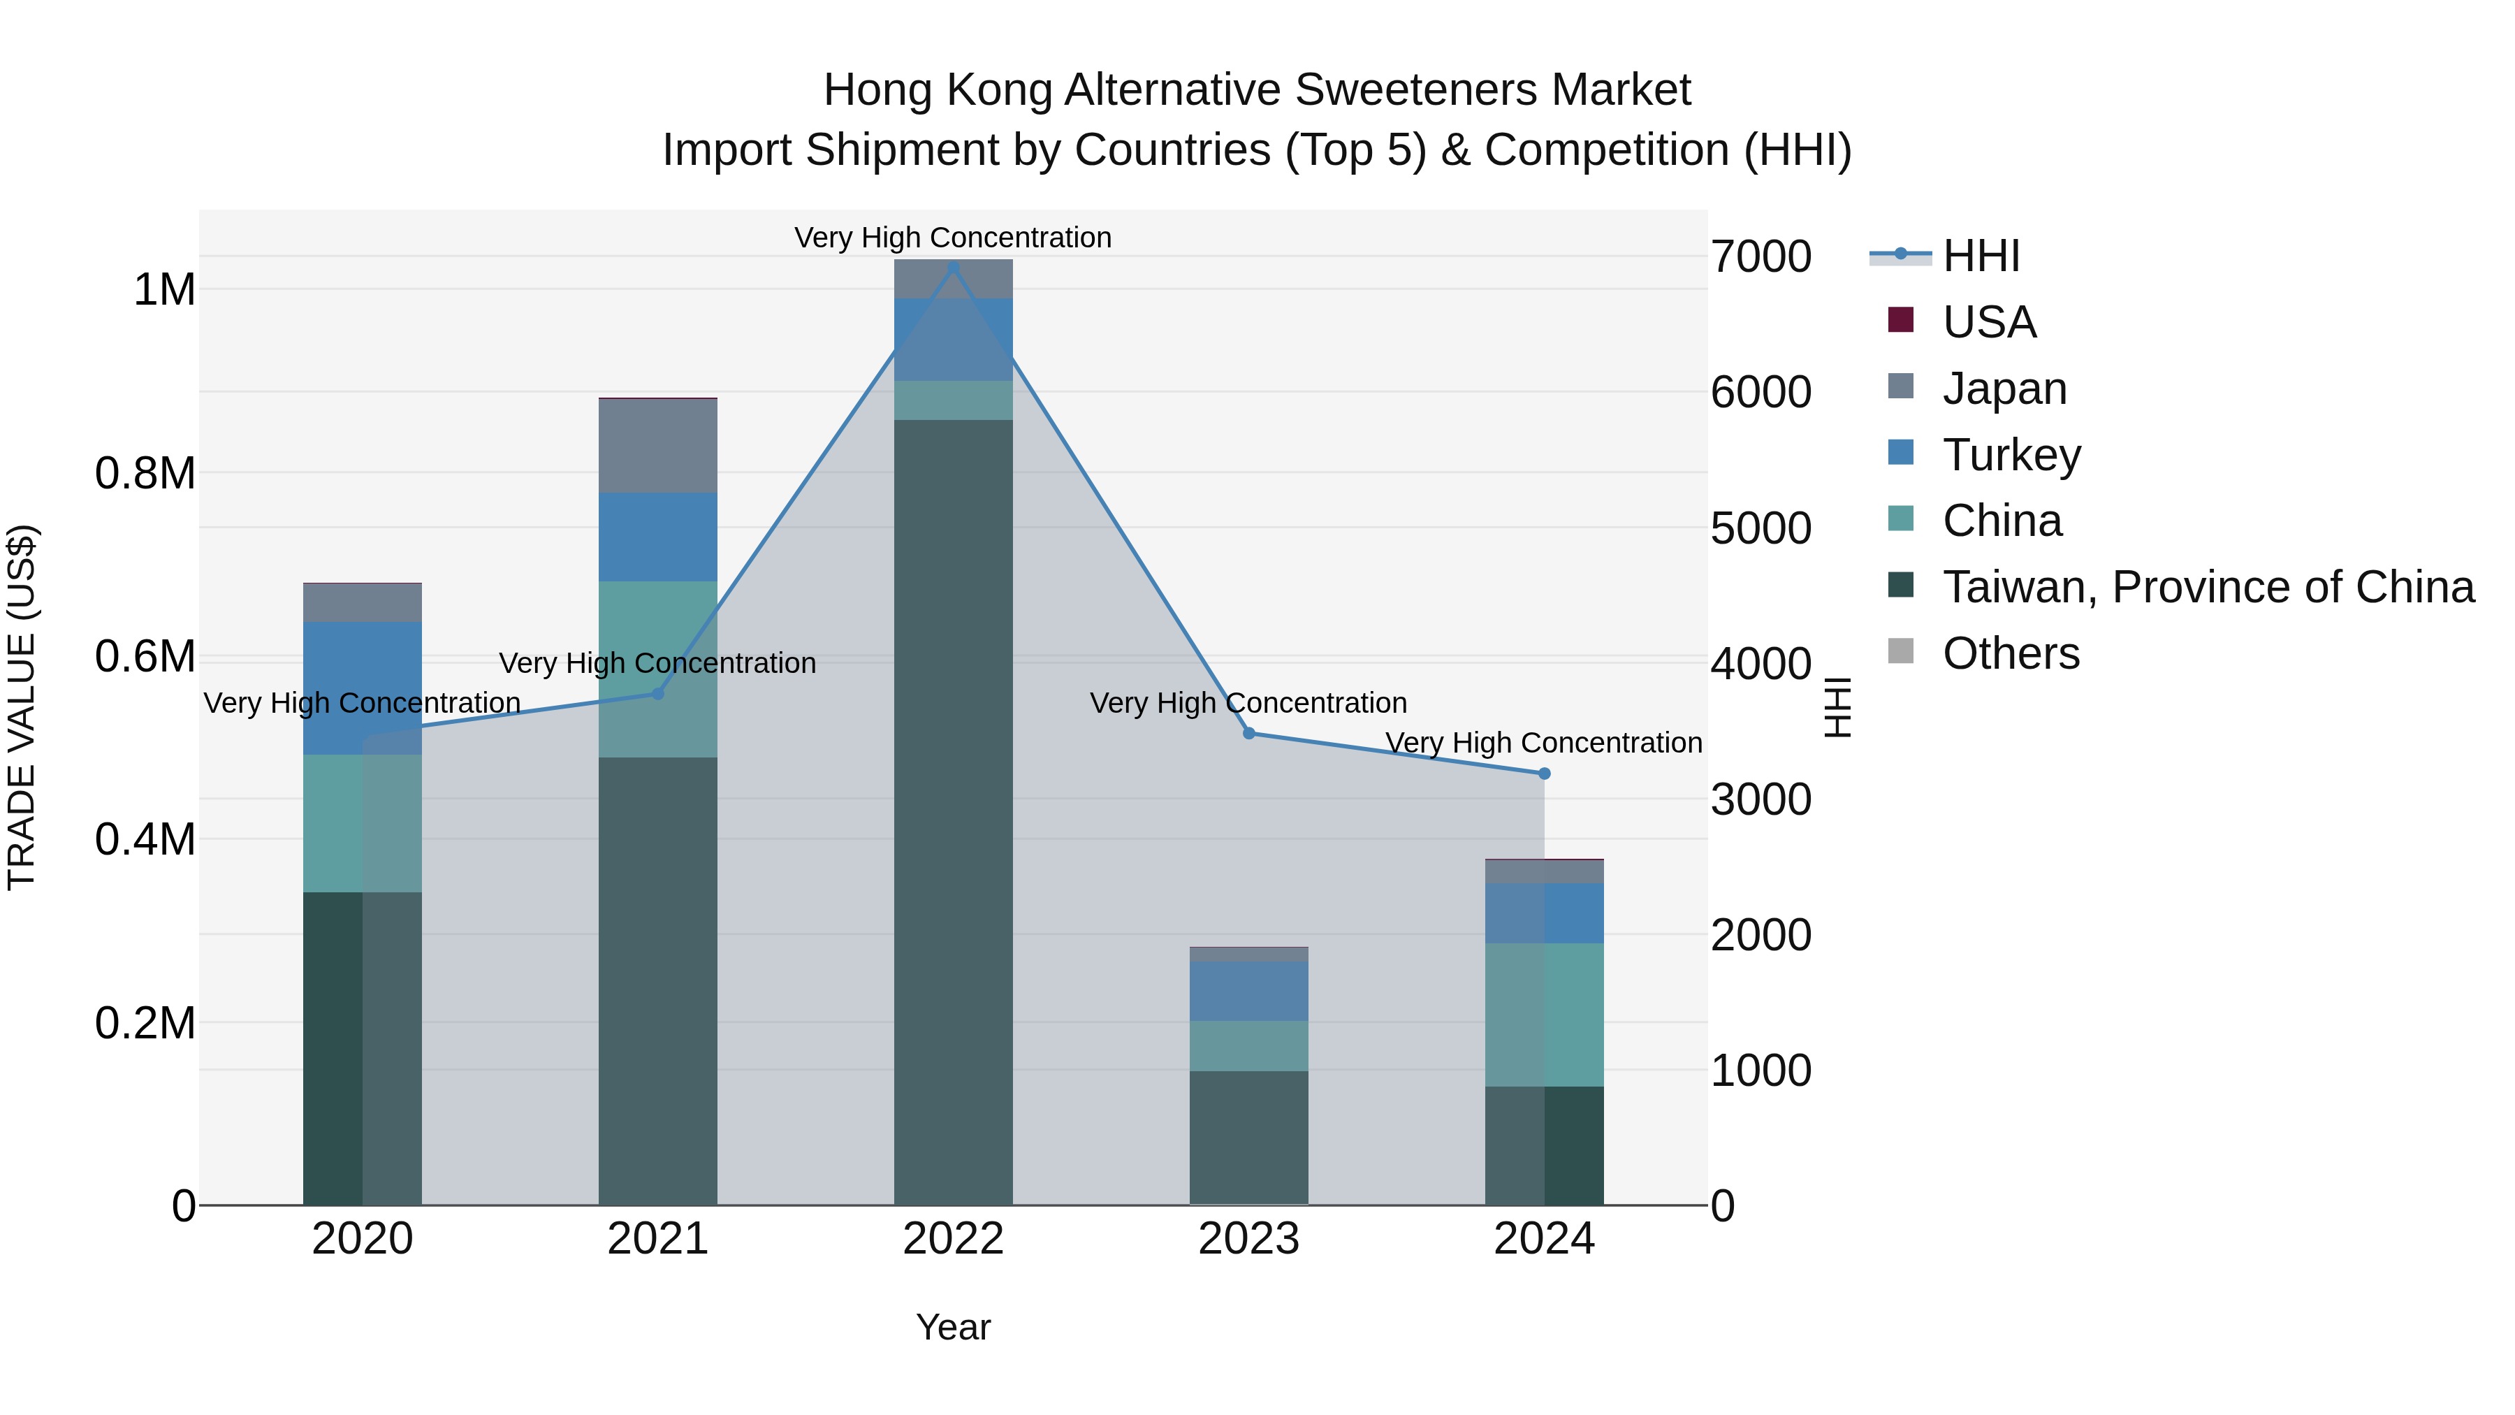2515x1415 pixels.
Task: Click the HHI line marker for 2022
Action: click(953, 268)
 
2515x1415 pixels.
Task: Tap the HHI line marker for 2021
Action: click(657, 693)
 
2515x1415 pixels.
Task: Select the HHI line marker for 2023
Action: click(1248, 734)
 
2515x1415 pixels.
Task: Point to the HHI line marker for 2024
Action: click(1543, 774)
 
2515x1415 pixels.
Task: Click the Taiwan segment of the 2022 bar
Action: click(953, 811)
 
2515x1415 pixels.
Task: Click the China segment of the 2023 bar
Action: click(1248, 1046)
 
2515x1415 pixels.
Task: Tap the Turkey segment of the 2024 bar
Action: click(1543, 913)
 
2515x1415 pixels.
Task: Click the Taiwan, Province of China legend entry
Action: click(2206, 587)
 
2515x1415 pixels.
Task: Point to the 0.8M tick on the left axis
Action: click(145, 474)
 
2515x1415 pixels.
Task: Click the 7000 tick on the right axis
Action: click(1760, 257)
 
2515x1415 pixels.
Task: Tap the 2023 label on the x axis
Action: click(1248, 1239)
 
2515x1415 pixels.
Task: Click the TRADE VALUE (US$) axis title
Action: click(22, 707)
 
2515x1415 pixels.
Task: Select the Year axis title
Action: click(953, 1327)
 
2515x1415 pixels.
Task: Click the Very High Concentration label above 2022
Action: click(953, 238)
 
